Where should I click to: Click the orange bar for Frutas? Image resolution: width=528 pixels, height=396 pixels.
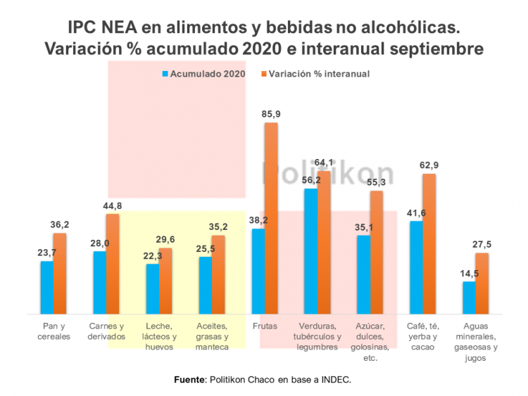coord(271,218)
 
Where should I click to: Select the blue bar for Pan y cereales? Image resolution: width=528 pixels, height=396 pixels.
coord(46,287)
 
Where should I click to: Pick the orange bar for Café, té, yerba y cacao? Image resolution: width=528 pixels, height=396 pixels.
coord(429,243)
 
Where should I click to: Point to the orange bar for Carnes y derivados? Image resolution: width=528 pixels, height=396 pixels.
coord(113,264)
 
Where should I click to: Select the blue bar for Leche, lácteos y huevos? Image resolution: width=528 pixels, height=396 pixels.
coord(152,288)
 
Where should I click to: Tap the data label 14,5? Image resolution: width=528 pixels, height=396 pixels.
coord(468,272)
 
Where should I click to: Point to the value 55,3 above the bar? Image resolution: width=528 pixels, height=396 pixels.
coord(377,181)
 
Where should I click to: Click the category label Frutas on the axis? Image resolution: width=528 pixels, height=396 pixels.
coord(264,326)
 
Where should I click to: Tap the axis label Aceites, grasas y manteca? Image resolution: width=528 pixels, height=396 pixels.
coord(212,336)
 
